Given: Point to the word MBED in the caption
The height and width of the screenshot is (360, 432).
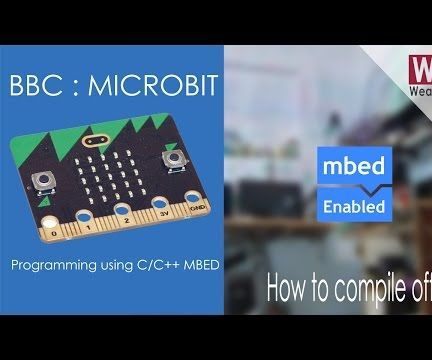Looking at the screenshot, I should point(191,265).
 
